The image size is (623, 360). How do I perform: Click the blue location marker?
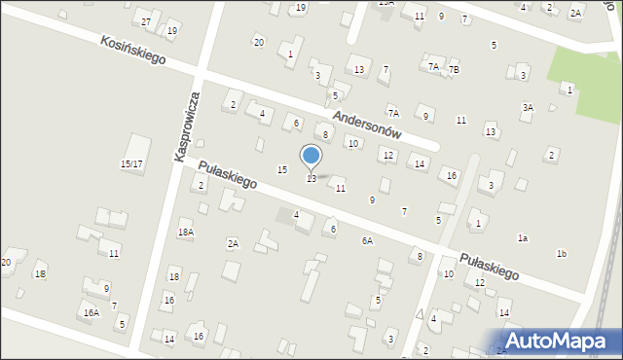311,156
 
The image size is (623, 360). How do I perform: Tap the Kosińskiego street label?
132,51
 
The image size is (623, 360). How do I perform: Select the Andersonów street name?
381,123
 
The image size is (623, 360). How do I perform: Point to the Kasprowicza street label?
187,126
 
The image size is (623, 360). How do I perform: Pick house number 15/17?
131,164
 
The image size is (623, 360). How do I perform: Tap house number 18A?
185,233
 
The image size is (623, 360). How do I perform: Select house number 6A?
367,240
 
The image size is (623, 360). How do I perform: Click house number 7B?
453,69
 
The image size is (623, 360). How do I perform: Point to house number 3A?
528,107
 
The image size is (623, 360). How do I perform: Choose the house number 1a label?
523,238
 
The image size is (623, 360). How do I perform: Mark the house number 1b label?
562,254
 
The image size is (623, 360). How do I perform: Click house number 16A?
91,312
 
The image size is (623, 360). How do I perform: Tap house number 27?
146,21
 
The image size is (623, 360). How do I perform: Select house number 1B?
40,274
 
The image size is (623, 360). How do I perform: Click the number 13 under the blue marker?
311,178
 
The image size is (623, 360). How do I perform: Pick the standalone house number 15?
282,170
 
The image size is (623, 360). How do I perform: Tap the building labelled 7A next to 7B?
433,66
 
